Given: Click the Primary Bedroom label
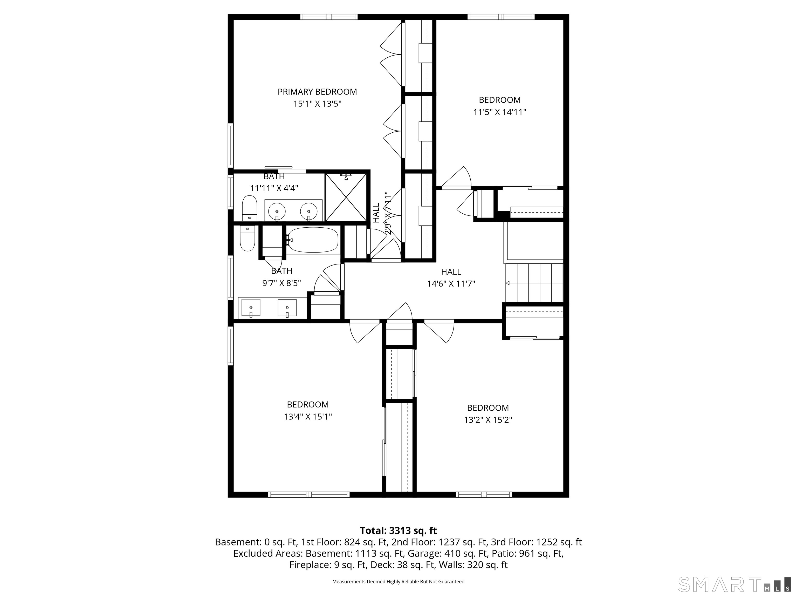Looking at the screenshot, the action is [317, 92].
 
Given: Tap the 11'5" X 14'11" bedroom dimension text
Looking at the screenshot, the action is [500, 112].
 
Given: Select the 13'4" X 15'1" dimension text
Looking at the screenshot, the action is [308, 417].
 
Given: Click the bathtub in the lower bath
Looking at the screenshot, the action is [313, 240].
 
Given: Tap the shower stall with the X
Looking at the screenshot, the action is [346, 197].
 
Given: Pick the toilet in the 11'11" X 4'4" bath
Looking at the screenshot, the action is [249, 208].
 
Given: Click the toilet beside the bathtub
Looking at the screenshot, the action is [247, 238].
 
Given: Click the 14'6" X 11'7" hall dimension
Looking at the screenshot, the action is [451, 284].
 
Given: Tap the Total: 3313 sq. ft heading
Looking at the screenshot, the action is [398, 531].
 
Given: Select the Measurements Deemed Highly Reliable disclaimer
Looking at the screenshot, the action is [398, 581].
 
